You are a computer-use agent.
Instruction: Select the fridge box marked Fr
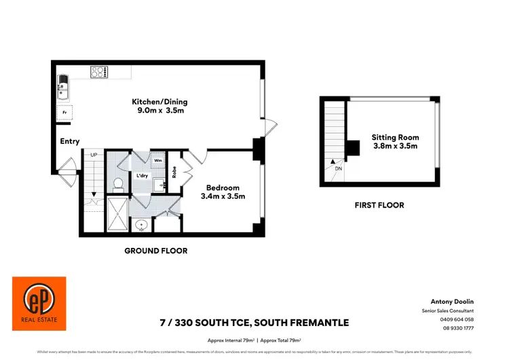pyautogui.click(x=64, y=113)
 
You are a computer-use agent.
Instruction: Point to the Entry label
pyautogui.click(x=70, y=141)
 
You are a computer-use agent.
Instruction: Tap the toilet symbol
pyautogui.click(x=117, y=184)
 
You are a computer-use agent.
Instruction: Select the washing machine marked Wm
pyautogui.click(x=157, y=161)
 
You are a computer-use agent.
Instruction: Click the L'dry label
pyautogui.click(x=143, y=175)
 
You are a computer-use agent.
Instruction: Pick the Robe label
pyautogui.click(x=174, y=173)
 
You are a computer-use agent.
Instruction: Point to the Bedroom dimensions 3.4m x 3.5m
pyautogui.click(x=223, y=196)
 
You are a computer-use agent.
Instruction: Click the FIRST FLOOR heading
pyautogui.click(x=379, y=205)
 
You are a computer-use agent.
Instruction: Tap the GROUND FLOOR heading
pyautogui.click(x=155, y=251)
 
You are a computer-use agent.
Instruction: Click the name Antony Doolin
pyautogui.click(x=451, y=301)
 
